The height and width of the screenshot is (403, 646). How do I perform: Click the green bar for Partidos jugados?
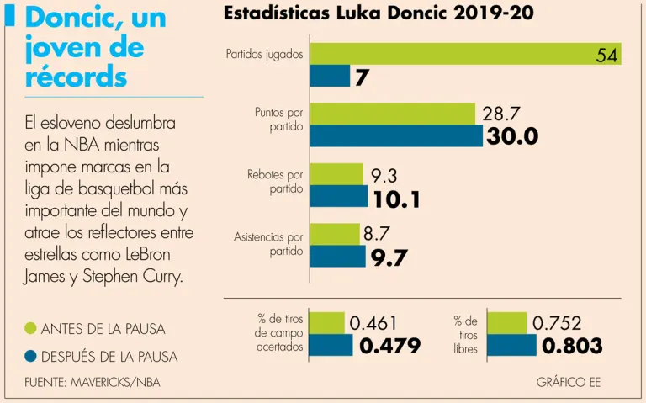[465, 54]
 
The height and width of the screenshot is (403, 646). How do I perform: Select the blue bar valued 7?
[330, 77]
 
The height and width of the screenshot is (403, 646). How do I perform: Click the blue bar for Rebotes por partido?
[339, 196]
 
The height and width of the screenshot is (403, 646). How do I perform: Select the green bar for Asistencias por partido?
[335, 234]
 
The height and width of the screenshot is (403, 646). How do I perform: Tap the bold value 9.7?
[389, 257]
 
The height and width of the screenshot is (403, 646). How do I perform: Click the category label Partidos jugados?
[264, 55]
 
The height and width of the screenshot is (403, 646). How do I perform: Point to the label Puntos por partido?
[279, 119]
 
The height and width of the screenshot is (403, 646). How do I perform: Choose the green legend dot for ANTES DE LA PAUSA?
[30, 327]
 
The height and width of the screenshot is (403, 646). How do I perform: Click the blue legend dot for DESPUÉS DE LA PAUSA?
[30, 357]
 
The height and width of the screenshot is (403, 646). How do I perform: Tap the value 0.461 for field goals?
[373, 322]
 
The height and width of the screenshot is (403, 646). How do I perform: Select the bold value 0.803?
[572, 346]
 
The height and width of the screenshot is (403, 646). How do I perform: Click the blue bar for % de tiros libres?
[511, 345]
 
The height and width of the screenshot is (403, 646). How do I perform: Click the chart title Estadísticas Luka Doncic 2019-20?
[379, 14]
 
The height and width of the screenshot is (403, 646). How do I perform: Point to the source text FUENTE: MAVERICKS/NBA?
[93, 383]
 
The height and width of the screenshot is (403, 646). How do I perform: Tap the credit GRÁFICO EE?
[568, 383]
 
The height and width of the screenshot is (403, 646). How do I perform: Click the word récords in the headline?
[77, 77]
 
